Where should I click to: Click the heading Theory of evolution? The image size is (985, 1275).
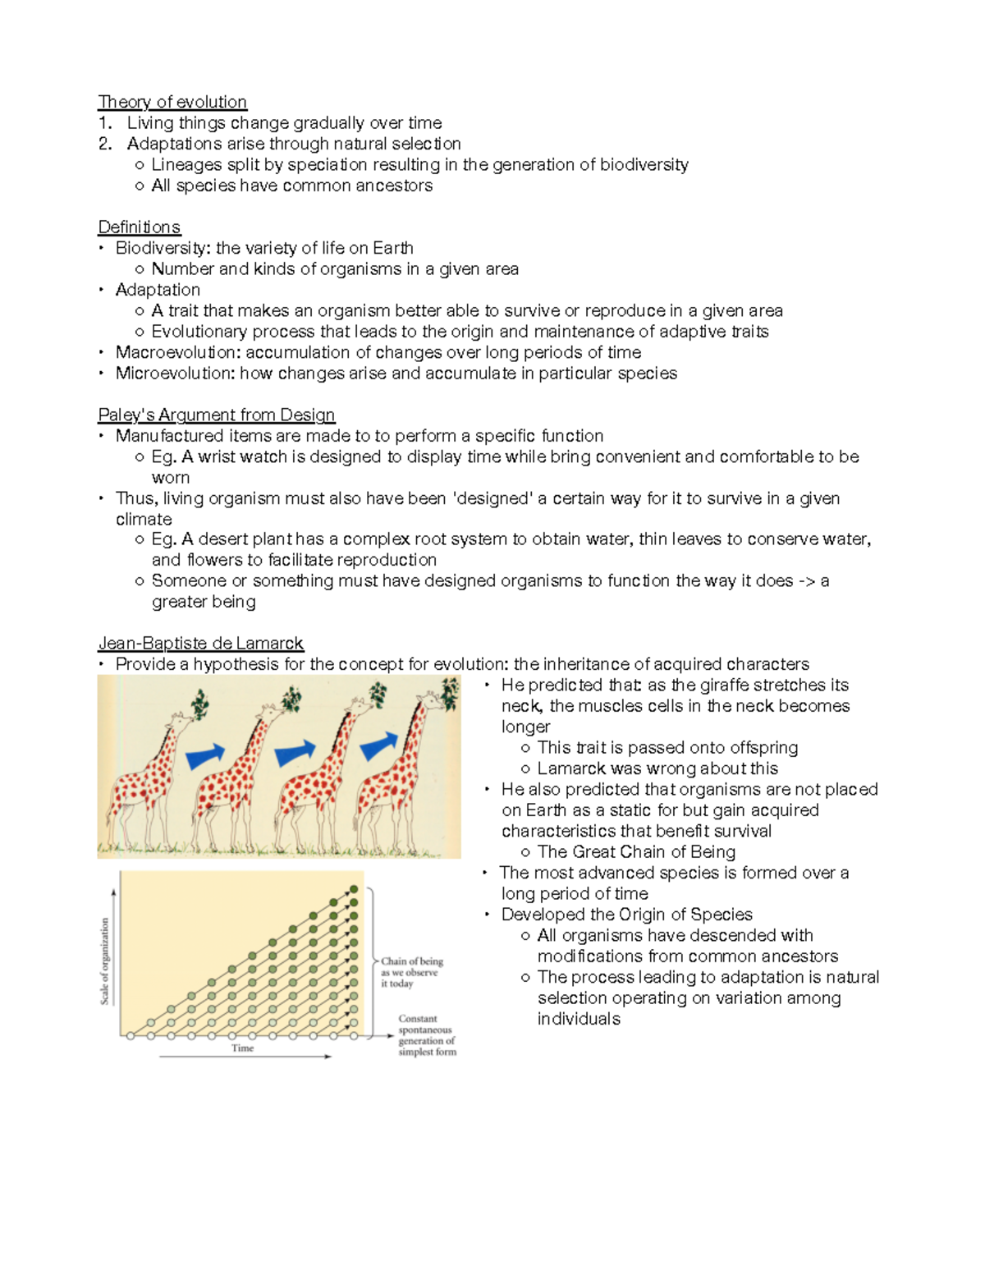[x=172, y=102]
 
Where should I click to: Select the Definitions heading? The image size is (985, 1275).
[x=139, y=227]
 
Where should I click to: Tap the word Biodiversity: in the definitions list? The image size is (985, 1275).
[x=163, y=248]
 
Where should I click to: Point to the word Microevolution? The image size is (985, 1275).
[x=175, y=374]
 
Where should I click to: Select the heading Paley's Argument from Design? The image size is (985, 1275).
[x=217, y=415]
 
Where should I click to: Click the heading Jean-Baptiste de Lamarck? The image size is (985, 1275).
[x=200, y=644]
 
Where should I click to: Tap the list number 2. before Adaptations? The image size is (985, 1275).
[x=104, y=144]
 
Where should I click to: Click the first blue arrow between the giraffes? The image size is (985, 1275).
[x=205, y=755]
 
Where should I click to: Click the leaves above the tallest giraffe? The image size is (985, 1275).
[x=449, y=695]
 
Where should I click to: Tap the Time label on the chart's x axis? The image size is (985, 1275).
[x=242, y=1048]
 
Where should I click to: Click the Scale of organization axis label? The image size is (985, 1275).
[x=105, y=961]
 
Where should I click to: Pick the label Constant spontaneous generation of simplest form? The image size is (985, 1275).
[x=426, y=1035]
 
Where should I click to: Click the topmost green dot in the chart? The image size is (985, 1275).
[x=354, y=889]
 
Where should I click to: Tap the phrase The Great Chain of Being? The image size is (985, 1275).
[x=636, y=852]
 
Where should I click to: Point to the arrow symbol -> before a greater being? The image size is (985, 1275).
[x=806, y=581]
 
